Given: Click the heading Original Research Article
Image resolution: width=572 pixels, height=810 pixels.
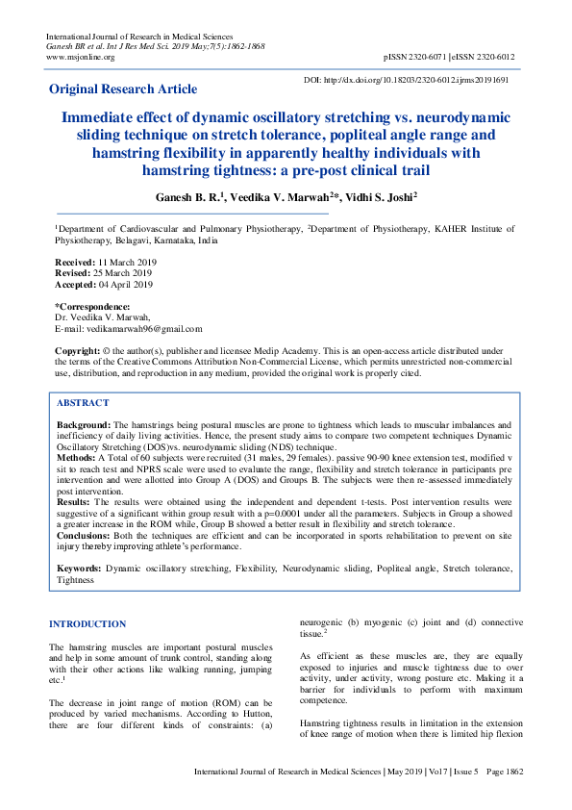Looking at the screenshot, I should [123, 89].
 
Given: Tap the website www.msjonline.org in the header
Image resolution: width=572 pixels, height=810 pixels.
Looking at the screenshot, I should [80, 57].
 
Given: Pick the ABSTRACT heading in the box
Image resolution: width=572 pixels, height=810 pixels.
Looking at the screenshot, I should [83, 403].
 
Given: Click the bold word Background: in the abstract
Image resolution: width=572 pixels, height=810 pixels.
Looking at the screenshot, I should [84, 424].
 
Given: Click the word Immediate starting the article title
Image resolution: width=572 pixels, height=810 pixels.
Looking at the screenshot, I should [105, 118].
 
